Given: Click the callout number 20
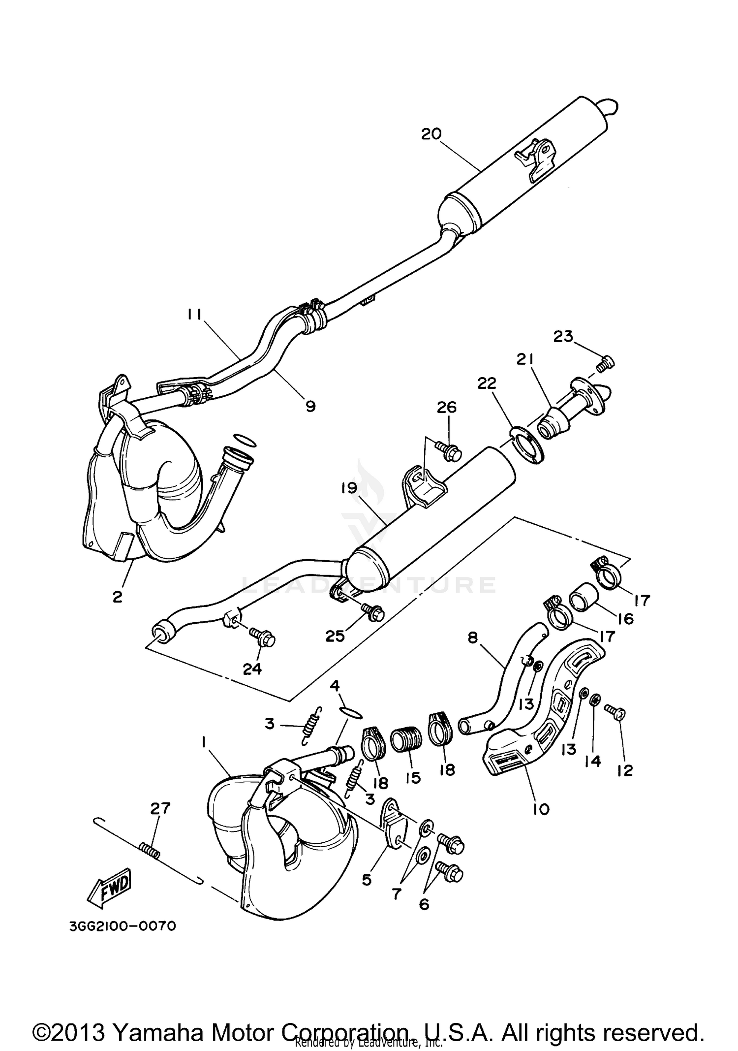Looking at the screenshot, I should coord(431,133).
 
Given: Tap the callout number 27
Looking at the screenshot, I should coord(160,808).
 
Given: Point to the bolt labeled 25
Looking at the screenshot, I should coord(372,611).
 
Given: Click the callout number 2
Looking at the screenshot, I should coord(117,597).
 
